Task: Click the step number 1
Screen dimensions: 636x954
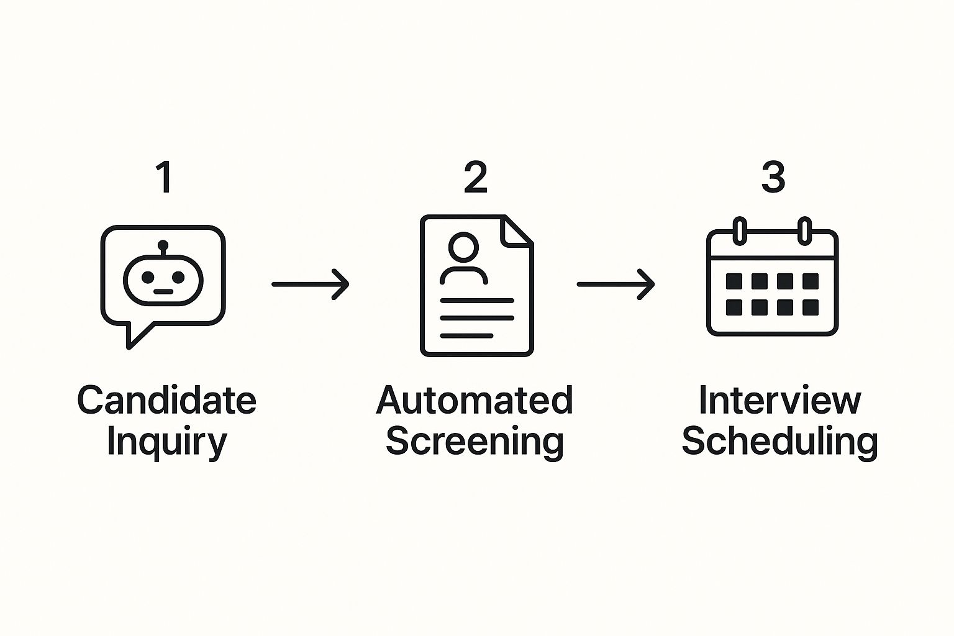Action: (164, 178)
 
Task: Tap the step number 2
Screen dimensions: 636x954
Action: (476, 178)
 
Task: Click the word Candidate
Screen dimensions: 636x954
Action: (166, 400)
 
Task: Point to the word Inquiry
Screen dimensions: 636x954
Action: (166, 442)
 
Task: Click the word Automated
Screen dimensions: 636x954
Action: (475, 400)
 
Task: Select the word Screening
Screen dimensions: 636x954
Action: (475, 442)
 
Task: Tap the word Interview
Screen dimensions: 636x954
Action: (779, 400)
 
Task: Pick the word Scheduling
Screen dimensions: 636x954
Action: (779, 442)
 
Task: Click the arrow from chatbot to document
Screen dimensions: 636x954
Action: (311, 284)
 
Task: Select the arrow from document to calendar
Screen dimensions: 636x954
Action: (616, 284)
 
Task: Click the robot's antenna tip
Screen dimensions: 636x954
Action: (163, 244)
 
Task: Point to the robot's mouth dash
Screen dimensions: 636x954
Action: (163, 292)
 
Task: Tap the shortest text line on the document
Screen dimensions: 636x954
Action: (466, 335)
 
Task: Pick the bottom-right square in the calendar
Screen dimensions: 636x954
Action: (810, 307)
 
